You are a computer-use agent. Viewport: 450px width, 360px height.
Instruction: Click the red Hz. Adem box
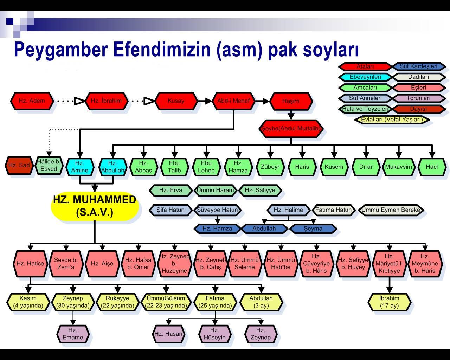[32, 101]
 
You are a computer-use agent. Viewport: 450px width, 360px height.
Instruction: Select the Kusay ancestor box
[176, 101]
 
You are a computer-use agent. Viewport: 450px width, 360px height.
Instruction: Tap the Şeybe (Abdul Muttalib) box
[291, 129]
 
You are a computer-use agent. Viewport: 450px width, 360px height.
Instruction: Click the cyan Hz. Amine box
[80, 167]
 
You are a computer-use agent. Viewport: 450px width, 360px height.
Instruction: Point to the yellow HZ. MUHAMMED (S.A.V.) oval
[95, 206]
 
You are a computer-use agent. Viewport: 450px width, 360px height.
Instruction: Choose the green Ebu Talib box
[174, 167]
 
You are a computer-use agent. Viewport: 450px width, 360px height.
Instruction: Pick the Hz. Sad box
[19, 165]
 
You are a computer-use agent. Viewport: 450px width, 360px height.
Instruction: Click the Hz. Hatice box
[30, 264]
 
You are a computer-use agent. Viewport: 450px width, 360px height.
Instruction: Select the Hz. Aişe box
[102, 264]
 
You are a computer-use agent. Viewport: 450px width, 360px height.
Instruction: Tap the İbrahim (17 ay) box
[389, 302]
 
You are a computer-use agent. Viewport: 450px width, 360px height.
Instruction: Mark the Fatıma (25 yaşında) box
[215, 302]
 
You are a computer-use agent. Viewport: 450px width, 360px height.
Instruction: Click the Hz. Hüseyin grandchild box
[214, 334]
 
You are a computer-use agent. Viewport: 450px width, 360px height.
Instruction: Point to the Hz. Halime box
[288, 210]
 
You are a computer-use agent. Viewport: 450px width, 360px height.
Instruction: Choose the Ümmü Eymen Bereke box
[391, 210]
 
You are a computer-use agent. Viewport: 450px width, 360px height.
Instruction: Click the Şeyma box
[313, 229]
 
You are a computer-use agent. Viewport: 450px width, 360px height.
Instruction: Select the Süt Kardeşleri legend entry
[418, 66]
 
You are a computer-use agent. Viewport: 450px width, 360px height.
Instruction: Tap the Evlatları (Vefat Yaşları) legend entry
[392, 120]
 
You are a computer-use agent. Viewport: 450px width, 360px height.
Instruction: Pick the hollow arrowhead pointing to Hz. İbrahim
[79, 101]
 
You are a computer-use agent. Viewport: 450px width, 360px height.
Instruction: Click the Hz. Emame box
[73, 334]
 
